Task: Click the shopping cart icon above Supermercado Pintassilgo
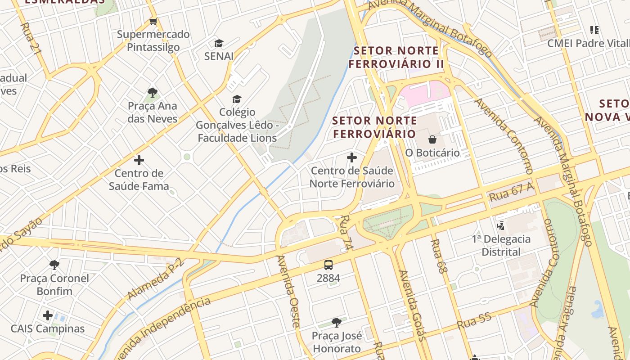[153, 21]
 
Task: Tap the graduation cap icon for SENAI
[219, 43]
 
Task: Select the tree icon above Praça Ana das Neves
[153, 93]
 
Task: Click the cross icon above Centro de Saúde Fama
[139, 160]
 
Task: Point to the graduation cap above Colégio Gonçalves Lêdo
[237, 99]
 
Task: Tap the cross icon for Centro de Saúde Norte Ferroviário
[352, 157]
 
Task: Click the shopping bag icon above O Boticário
[432, 139]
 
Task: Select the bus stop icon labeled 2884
[328, 265]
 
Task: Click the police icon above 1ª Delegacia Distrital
[501, 225]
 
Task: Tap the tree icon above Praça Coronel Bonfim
[54, 265]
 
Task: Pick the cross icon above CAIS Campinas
[48, 315]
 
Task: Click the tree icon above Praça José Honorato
[336, 322]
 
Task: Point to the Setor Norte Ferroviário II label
[396, 57]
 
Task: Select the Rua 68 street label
[439, 256]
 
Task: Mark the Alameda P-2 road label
[156, 279]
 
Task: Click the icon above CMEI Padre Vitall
[594, 30]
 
